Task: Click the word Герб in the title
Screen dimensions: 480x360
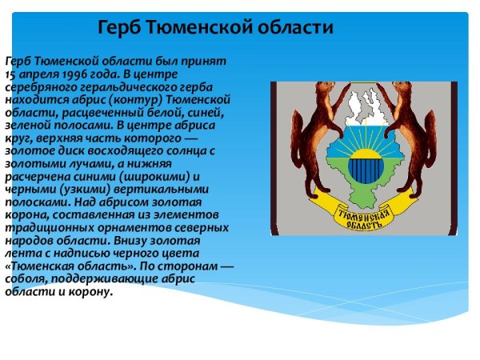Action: coord(119,27)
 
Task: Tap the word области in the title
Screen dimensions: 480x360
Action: coord(295,27)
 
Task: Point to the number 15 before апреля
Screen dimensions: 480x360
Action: coord(10,74)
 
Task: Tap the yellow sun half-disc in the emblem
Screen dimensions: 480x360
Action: coord(366,154)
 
